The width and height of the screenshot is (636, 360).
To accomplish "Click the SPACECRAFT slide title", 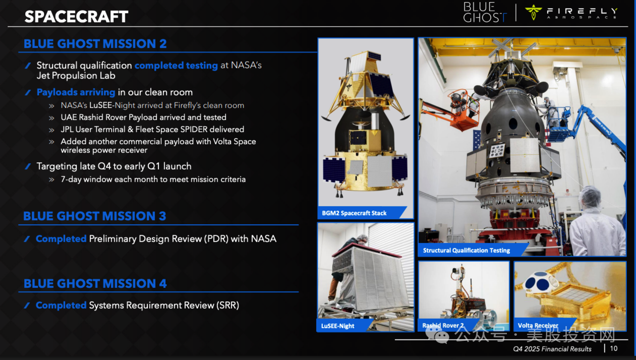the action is tap(76, 17).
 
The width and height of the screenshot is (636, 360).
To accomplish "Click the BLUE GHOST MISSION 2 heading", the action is tap(95, 44).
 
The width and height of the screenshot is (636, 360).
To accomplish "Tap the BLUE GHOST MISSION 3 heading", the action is tap(94, 216).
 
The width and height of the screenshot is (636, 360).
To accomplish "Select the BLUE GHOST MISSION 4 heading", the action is tap(95, 284).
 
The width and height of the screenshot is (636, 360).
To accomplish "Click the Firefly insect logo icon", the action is tap(533, 12).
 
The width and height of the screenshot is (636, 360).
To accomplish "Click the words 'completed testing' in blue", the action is tap(176, 66).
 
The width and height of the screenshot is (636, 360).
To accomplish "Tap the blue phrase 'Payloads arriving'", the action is tap(76, 92).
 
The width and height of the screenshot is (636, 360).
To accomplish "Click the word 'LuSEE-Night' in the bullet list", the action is tap(112, 105).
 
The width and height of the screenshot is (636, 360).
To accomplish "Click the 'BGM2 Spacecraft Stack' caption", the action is tap(354, 213).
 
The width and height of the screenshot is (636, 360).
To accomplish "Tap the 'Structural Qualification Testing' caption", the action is tap(467, 250).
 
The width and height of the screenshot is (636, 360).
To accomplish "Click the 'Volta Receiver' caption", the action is tap(538, 325).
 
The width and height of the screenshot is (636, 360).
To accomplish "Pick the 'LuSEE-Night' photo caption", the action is tap(337, 326).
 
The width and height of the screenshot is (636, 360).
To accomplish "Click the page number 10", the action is tap(614, 348).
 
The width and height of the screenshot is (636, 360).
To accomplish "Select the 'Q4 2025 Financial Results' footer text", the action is tap(552, 349).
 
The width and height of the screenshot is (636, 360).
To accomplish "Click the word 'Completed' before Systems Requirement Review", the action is tap(61, 305).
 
